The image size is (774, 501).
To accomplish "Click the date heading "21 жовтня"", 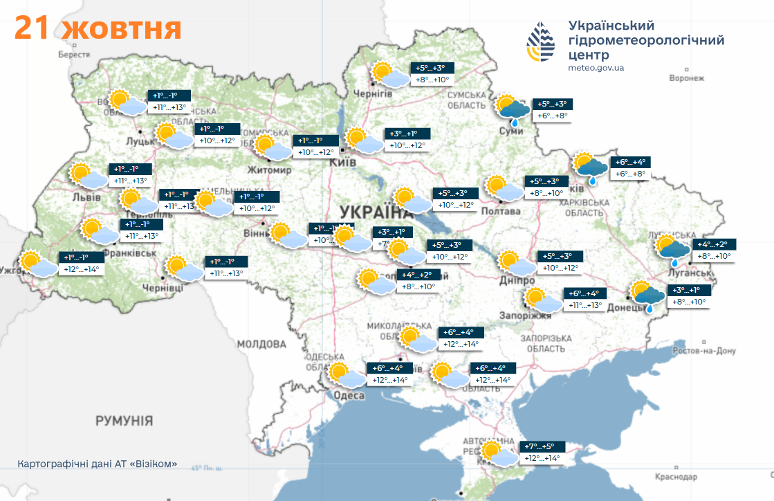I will click(x=98, y=28).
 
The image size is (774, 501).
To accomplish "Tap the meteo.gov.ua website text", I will click(x=596, y=68).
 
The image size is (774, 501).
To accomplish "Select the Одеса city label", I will click(x=349, y=395).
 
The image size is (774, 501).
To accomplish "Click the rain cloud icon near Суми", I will click(x=512, y=108).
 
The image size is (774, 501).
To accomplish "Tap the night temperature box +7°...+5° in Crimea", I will click(x=540, y=446).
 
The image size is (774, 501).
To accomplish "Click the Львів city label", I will click(x=86, y=197).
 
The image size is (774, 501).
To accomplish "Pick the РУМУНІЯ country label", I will click(x=125, y=421).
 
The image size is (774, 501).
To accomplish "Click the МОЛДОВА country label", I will click(x=261, y=344).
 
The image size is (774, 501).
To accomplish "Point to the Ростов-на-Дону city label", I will click(x=705, y=351).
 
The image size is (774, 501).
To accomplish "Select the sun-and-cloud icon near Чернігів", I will click(x=389, y=75).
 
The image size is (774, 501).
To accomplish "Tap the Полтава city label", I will click(x=500, y=211).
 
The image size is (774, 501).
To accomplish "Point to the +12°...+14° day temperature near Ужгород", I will click(x=81, y=269).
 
